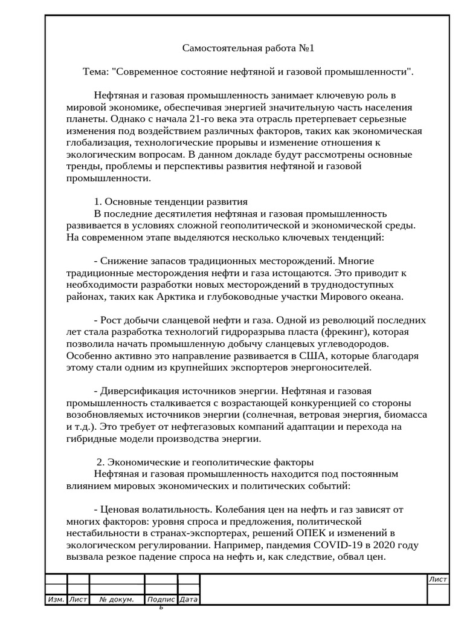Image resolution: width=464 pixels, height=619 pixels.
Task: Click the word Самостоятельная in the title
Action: [219, 48]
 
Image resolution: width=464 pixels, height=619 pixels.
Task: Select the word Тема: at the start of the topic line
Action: [95, 71]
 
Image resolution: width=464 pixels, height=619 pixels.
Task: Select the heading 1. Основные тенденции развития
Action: [171, 202]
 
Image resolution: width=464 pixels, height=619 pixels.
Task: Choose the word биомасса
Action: [406, 415]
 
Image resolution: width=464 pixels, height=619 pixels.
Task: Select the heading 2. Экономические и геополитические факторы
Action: [205, 462]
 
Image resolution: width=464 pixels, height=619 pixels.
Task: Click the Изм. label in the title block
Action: [56, 600]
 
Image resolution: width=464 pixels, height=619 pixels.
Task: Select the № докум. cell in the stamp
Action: [117, 600]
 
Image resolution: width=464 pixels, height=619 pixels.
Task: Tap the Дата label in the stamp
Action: [188, 600]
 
